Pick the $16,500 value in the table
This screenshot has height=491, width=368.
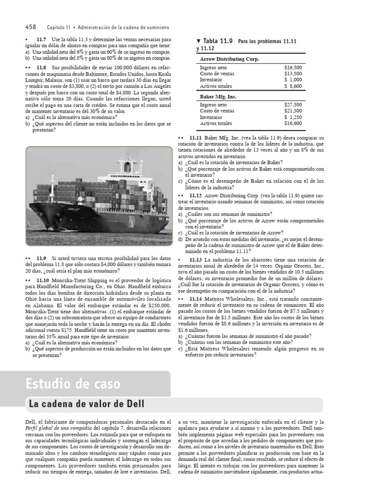[293, 68]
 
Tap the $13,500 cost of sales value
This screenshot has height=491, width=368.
[293, 74]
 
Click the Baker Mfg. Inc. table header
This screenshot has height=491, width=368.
[218, 96]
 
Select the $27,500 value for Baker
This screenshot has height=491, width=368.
[293, 105]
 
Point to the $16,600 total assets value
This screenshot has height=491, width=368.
[293, 123]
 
